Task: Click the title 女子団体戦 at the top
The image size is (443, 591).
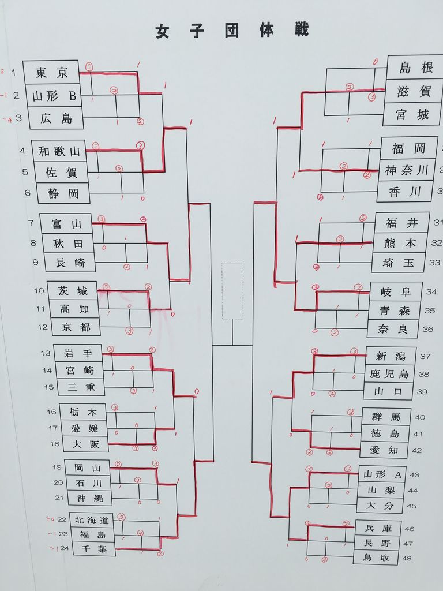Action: coord(231,31)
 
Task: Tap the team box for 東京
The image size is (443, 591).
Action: coord(51,73)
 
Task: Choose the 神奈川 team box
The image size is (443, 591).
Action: coord(406,170)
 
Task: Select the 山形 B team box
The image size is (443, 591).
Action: coord(54,96)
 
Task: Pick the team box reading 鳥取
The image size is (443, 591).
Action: coord(376,558)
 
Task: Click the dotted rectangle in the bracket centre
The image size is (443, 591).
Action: coord(232,291)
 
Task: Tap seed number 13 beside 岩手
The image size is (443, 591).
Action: coord(46,353)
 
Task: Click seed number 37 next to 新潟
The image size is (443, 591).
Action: coord(425,357)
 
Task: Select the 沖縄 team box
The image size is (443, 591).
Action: coord(87,498)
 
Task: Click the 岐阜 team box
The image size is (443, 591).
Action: coord(395,291)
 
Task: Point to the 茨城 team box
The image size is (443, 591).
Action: coord(74,291)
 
